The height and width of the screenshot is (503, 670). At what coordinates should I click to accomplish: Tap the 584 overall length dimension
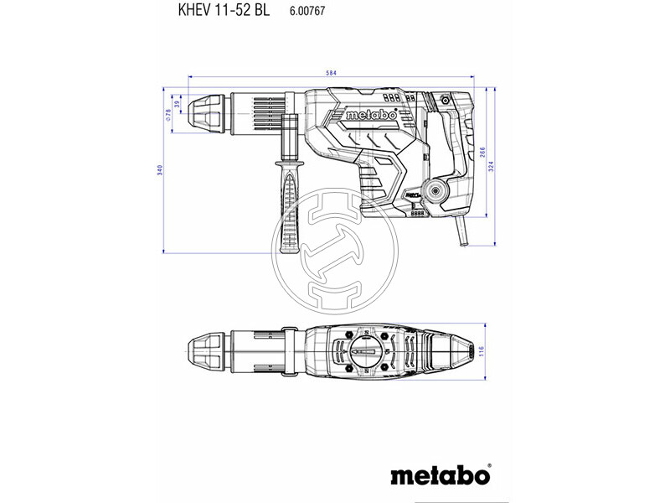332,75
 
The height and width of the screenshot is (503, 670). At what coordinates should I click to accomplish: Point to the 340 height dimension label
159,170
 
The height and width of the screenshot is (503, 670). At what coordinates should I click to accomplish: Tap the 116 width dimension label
494,350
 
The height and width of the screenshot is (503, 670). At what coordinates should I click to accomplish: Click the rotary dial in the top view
362,350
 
